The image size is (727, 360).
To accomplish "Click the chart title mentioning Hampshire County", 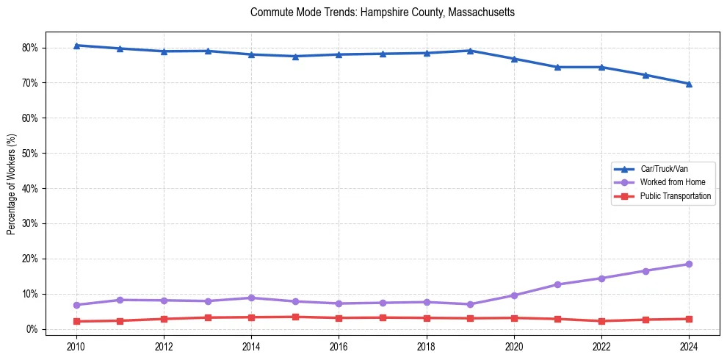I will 382,12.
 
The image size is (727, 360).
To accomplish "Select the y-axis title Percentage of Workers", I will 11,184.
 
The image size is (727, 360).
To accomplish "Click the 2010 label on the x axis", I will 76,346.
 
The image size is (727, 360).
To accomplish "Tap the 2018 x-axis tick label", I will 426,346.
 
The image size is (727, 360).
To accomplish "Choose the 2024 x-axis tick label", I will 689,346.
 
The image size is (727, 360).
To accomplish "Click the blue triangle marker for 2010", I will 76,46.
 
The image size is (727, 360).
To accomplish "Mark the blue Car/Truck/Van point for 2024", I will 689,84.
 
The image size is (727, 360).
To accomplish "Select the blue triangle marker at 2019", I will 470,51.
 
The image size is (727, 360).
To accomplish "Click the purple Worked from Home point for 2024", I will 689,264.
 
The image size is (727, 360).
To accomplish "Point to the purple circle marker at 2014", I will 251,298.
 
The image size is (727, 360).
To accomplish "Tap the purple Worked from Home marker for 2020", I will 514,295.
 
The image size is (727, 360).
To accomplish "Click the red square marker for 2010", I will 76,321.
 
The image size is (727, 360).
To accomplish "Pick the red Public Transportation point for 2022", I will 601,321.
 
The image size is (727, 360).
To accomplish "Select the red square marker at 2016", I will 339,318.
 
